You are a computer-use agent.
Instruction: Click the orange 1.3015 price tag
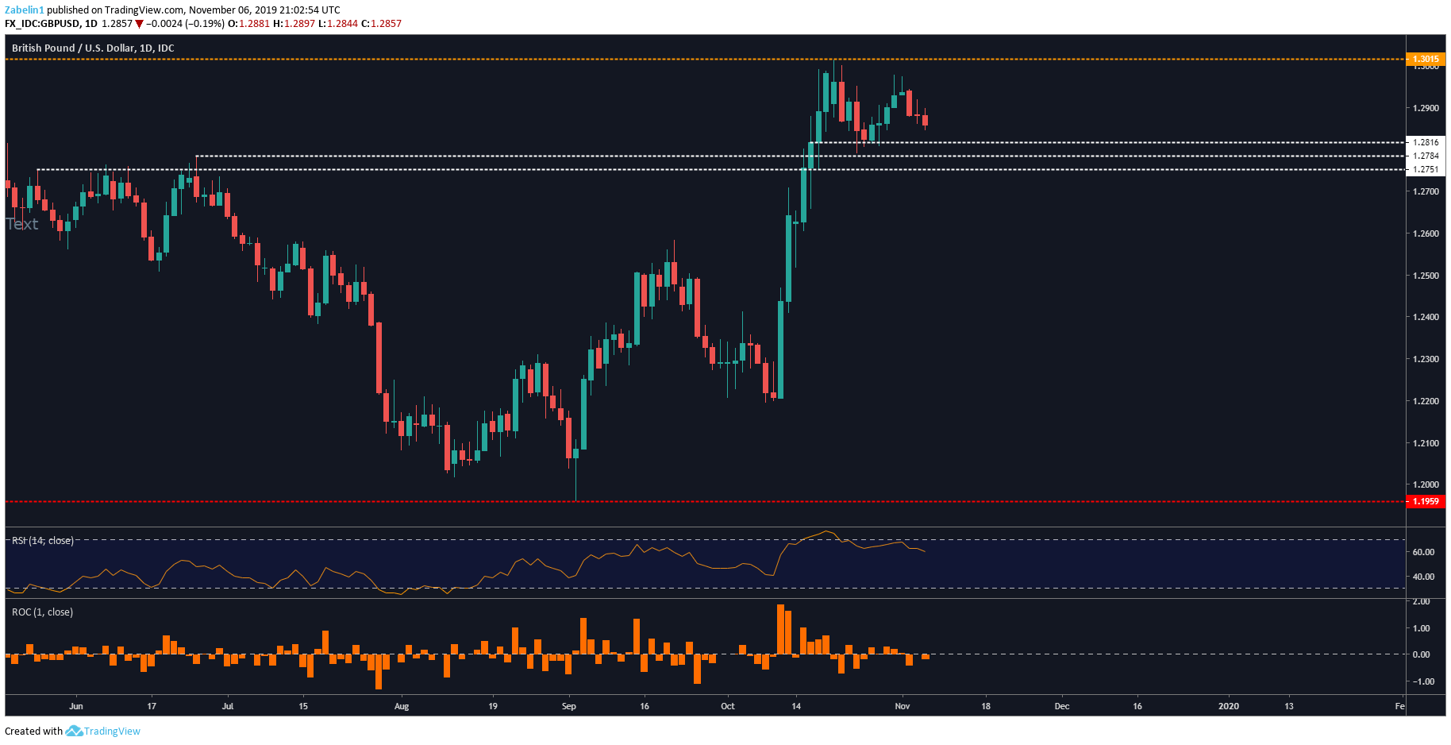(1426, 59)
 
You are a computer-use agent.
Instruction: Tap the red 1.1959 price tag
(1426, 501)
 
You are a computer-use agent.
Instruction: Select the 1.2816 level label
(1426, 142)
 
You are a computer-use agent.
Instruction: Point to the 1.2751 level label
(1426, 169)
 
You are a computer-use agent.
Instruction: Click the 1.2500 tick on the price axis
(1426, 276)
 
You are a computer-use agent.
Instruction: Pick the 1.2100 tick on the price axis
(1426, 443)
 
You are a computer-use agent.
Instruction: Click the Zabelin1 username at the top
(25, 10)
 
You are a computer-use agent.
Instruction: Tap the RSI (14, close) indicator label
(43, 541)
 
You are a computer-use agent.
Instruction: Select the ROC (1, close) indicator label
(43, 612)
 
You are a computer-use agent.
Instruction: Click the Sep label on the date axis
(568, 706)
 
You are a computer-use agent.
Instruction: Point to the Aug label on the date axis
(402, 706)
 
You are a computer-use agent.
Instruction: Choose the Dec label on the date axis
(1061, 706)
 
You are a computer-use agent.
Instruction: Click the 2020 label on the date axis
(1228, 706)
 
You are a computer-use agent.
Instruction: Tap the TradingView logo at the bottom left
(103, 731)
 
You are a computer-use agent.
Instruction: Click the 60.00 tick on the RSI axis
(1423, 552)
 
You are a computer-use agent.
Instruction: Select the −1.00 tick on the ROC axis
(1422, 681)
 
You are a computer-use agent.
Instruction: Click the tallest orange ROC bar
(780, 629)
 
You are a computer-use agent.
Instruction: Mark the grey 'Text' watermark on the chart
(22, 225)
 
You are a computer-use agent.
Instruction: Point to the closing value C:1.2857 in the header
(382, 24)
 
